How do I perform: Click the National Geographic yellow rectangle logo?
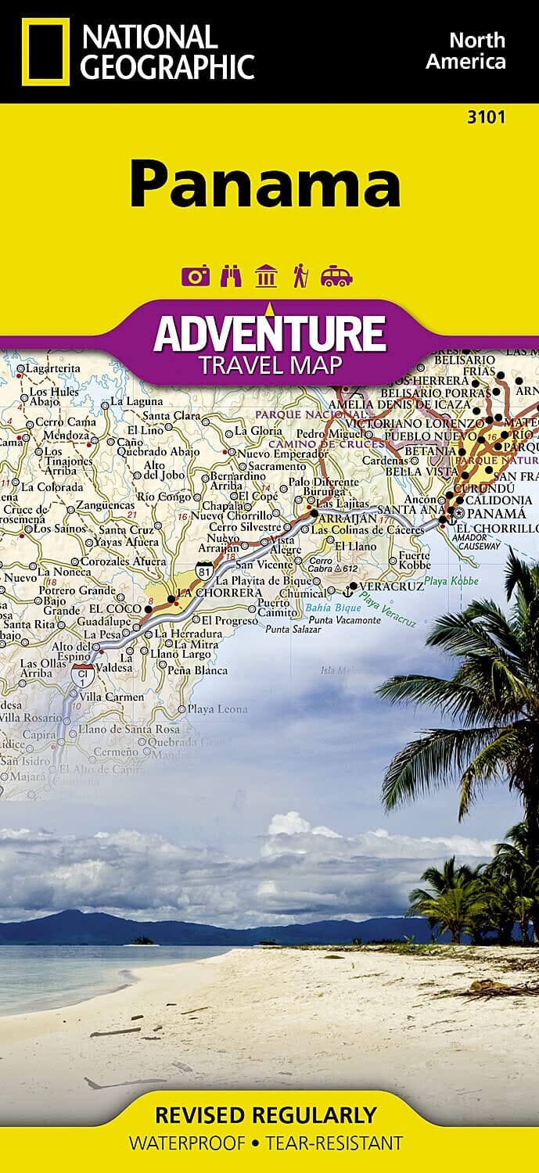point(45,52)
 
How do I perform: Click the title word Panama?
point(265,185)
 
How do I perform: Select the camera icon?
point(196,276)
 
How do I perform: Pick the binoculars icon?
point(232,276)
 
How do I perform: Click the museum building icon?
point(267,276)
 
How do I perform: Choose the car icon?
point(336,277)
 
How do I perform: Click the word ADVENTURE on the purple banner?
point(269,333)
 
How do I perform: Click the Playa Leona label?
point(217,709)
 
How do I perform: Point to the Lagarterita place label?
point(53,368)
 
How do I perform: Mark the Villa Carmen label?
point(113,697)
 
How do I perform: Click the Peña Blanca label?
point(198,670)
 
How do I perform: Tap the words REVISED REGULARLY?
point(266,1114)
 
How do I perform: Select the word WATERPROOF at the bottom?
point(189,1143)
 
